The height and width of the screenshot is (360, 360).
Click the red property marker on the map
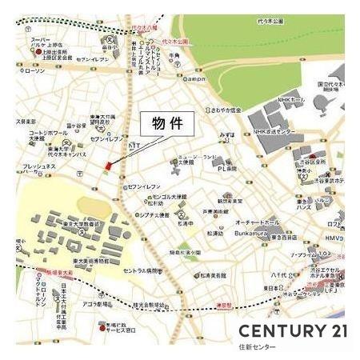[x=106, y=165]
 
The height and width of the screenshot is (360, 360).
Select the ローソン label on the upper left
[x=34, y=71]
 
